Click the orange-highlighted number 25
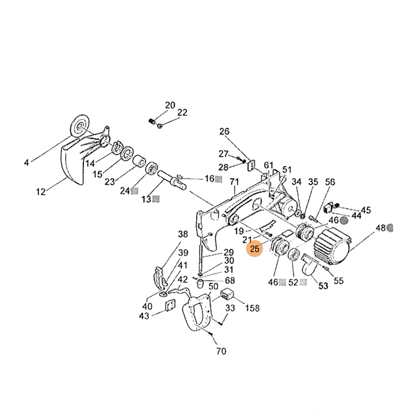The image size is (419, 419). tap(255, 249)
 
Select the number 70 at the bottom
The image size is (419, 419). tap(221, 351)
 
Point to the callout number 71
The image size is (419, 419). tap(235, 182)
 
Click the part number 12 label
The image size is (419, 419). tap(41, 192)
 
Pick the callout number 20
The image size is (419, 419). tap(170, 105)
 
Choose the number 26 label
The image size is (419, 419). tap(224, 131)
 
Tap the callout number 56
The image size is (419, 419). tap(329, 182)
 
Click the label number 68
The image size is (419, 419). tap(229, 280)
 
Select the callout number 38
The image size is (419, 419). tap(182, 234)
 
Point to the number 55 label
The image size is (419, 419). tap(338, 280)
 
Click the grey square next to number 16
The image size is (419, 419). tap(218, 179)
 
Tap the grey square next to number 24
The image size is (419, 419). tap(135, 191)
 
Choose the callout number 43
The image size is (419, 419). tap(144, 316)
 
